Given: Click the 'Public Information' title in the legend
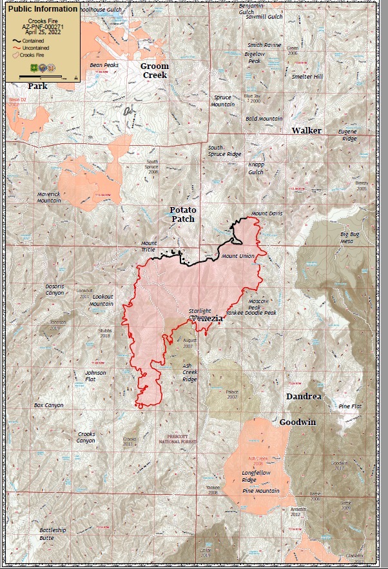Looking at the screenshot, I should [42, 9].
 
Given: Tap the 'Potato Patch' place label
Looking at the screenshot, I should [182, 214].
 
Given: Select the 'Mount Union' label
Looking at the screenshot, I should [238, 256].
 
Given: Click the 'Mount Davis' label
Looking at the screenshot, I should [267, 213].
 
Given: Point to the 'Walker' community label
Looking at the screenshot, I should [306, 130].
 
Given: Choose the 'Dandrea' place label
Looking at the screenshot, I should [304, 396].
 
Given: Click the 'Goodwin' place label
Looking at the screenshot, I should [297, 422].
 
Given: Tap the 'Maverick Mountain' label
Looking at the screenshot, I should [49, 197].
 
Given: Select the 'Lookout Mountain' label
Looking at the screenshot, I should [101, 300].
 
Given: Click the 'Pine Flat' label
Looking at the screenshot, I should [353, 406].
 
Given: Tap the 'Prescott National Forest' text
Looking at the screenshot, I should [177, 439].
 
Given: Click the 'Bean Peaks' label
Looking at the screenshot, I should [104, 65].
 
